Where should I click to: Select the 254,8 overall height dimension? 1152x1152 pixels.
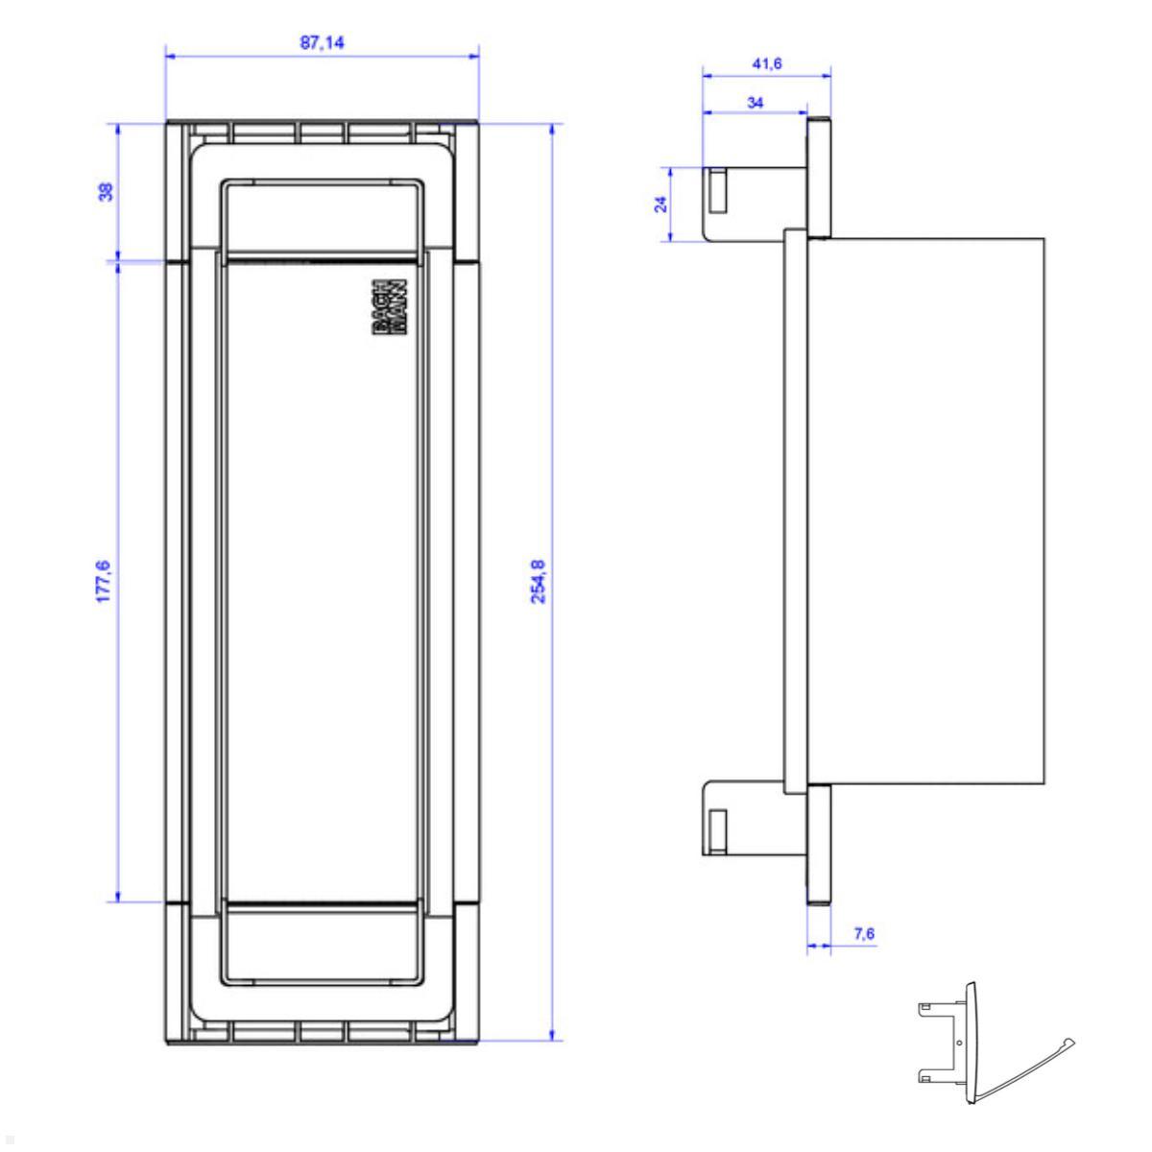[539, 580]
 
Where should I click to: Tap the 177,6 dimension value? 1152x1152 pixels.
[105, 580]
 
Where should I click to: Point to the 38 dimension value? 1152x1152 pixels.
[106, 191]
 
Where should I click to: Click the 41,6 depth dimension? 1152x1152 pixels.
[766, 63]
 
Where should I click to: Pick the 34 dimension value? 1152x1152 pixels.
[755, 103]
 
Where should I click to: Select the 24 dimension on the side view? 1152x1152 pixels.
[660, 204]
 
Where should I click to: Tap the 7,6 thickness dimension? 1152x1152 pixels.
[863, 933]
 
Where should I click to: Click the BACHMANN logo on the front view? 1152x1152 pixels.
[389, 307]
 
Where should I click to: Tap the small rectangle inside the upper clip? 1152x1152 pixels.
[717, 190]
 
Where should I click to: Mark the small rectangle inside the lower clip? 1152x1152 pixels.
[717, 828]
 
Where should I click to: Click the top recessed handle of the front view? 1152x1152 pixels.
[322, 218]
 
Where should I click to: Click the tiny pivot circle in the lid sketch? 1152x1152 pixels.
[960, 1043]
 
